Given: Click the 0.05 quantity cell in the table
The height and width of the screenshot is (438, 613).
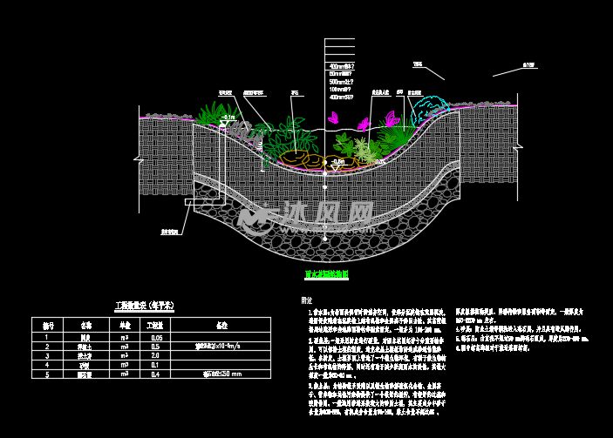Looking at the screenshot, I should (x=157, y=337).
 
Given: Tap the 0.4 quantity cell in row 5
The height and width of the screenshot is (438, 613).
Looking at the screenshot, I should (x=157, y=374).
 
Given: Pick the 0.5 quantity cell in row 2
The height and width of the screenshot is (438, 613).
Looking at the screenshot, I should (x=157, y=346).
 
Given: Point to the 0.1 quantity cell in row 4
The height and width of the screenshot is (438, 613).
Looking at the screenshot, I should (x=157, y=364).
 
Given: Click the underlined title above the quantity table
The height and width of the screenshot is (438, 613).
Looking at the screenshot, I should (x=145, y=306).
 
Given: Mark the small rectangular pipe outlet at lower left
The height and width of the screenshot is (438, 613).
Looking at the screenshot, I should (x=188, y=204).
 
